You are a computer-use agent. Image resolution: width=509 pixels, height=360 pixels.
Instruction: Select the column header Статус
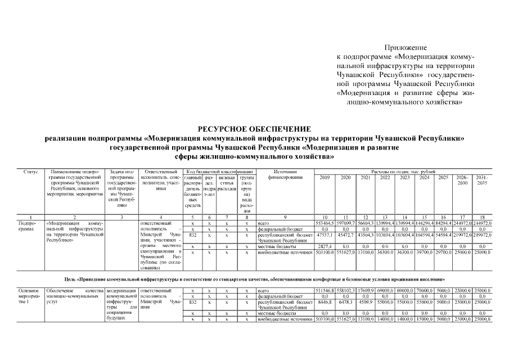(30, 170)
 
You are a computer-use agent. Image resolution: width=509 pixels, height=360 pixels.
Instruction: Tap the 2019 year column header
(325, 177)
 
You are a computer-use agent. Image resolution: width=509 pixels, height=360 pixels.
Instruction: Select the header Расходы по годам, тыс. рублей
(403, 170)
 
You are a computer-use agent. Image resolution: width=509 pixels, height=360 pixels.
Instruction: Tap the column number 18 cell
(482, 217)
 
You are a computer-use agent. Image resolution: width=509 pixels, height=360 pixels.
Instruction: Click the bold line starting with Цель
(254, 279)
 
